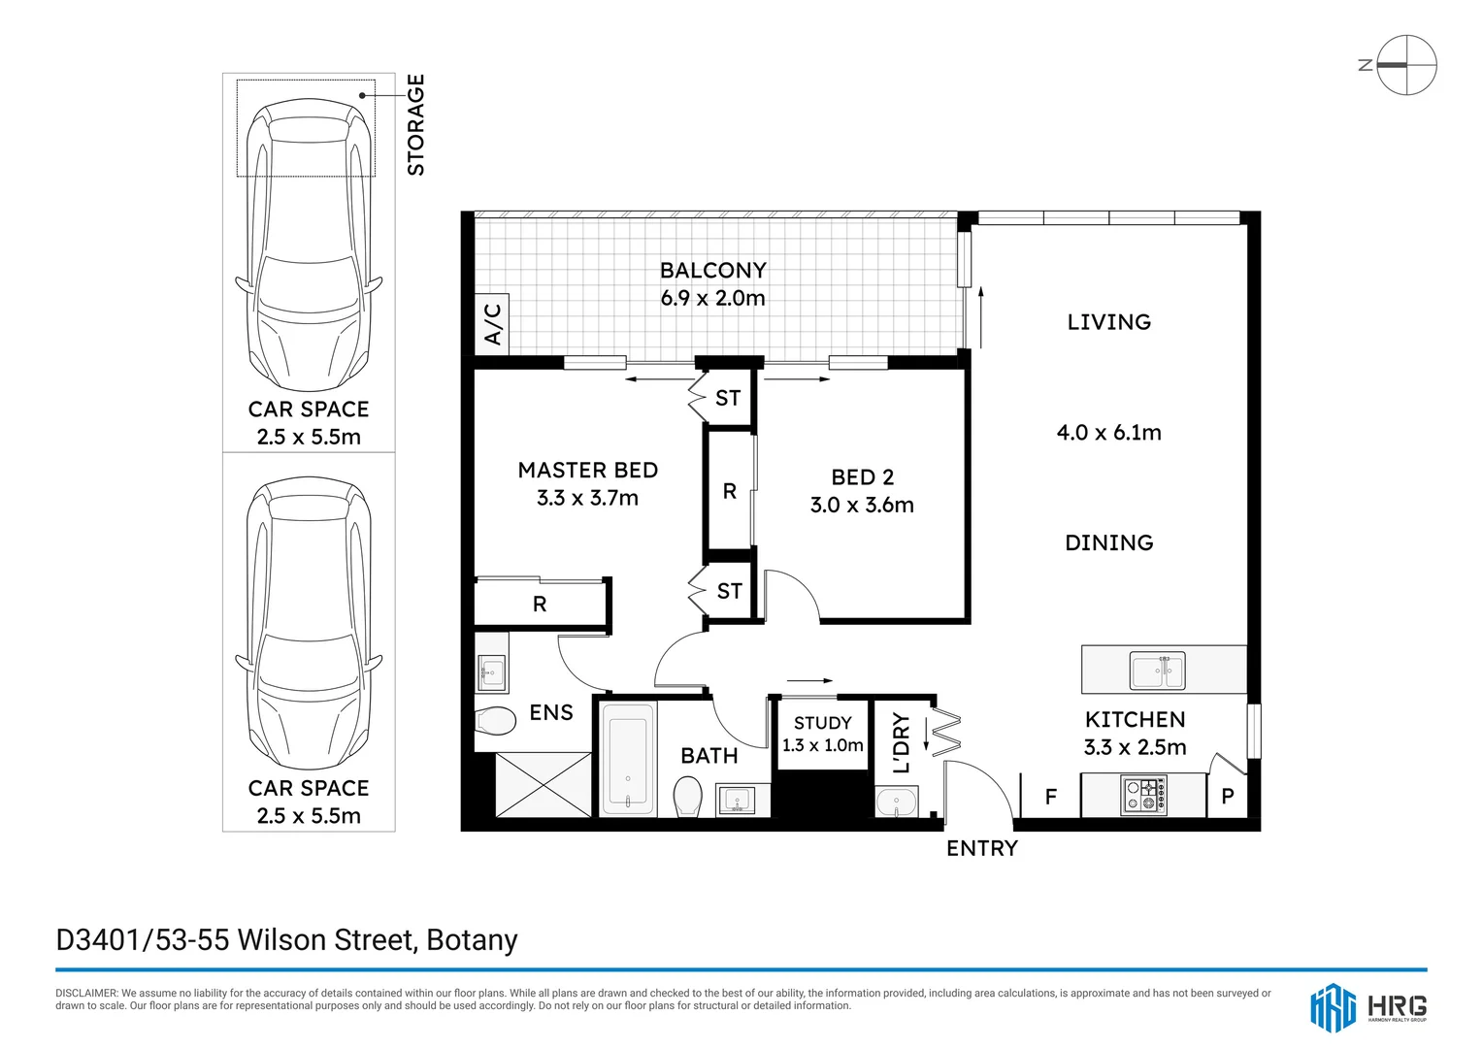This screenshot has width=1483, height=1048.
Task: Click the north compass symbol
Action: pyautogui.click(x=1405, y=65)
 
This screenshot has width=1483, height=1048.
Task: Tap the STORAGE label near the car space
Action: pyautogui.click(x=415, y=125)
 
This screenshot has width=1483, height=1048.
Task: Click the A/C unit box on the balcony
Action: pyautogui.click(x=492, y=324)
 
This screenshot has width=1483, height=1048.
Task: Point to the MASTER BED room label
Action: pyautogui.click(x=587, y=471)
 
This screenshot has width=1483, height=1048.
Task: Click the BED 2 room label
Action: pyautogui.click(x=862, y=477)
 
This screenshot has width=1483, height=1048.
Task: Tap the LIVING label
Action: pyautogui.click(x=1108, y=322)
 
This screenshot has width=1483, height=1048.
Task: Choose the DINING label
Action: pyautogui.click(x=1108, y=543)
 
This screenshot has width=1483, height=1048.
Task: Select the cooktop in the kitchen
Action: pyautogui.click(x=1144, y=795)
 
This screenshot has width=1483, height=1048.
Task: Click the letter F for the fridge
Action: pyautogui.click(x=1050, y=798)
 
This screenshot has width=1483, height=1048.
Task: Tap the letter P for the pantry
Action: pyautogui.click(x=1227, y=798)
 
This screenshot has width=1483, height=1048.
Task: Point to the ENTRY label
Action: pyautogui.click(x=981, y=849)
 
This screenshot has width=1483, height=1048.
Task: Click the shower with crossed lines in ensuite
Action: pyautogui.click(x=543, y=785)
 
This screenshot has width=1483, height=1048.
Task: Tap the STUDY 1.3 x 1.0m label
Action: pyautogui.click(x=822, y=735)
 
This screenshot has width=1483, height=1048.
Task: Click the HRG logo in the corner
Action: pyautogui.click(x=1368, y=1006)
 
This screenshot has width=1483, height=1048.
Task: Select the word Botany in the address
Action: pyautogui.click(x=472, y=940)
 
